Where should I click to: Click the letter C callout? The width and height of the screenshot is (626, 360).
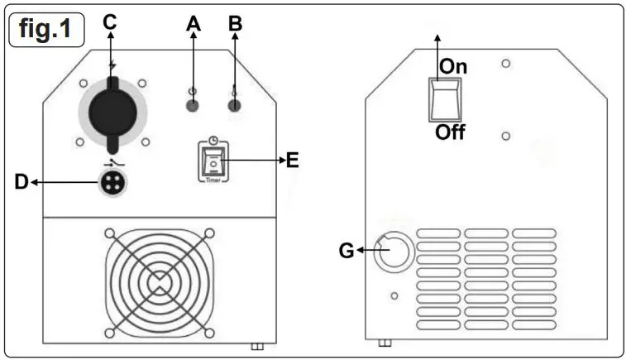click(x=110, y=22)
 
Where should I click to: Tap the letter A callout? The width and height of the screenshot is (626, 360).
click(x=194, y=23)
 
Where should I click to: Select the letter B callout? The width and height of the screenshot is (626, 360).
click(x=236, y=23)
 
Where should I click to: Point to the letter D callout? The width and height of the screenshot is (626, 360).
click(x=22, y=182)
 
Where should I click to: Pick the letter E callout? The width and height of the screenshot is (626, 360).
click(x=291, y=161)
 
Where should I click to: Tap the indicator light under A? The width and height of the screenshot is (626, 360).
click(x=193, y=105)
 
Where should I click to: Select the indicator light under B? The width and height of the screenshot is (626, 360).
click(x=235, y=104)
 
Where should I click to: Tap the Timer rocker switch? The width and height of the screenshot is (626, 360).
click(x=213, y=164)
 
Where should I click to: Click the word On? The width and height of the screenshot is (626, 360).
click(x=454, y=66)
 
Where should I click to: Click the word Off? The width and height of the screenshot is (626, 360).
click(x=451, y=132)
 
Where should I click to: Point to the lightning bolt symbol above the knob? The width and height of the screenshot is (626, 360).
click(x=112, y=64)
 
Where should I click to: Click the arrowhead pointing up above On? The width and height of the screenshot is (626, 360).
click(x=438, y=38)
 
